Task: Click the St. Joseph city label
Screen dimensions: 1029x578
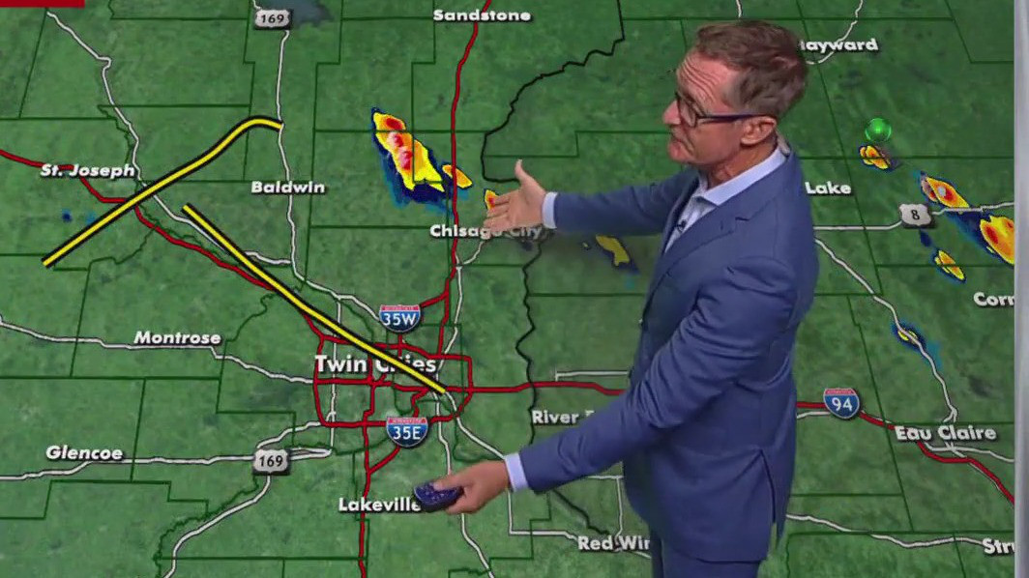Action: click(88, 170)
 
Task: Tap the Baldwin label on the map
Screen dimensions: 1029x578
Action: click(288, 187)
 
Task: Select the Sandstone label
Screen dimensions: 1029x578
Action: click(482, 15)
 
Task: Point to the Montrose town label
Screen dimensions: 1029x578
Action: click(177, 338)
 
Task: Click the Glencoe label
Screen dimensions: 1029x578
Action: click(84, 452)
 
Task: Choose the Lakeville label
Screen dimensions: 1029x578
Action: click(379, 505)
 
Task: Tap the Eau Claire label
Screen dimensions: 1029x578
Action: click(945, 433)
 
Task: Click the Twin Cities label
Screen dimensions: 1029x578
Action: click(375, 363)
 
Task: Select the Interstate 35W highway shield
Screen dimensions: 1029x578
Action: click(399, 317)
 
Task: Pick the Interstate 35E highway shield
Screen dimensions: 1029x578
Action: click(407, 431)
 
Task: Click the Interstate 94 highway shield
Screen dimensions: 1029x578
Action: click(841, 402)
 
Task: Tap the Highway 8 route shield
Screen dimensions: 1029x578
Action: click(915, 215)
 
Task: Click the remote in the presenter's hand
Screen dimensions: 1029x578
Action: click(436, 497)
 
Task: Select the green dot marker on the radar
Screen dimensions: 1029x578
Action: click(878, 130)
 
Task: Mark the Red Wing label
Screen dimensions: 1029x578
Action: click(613, 543)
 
